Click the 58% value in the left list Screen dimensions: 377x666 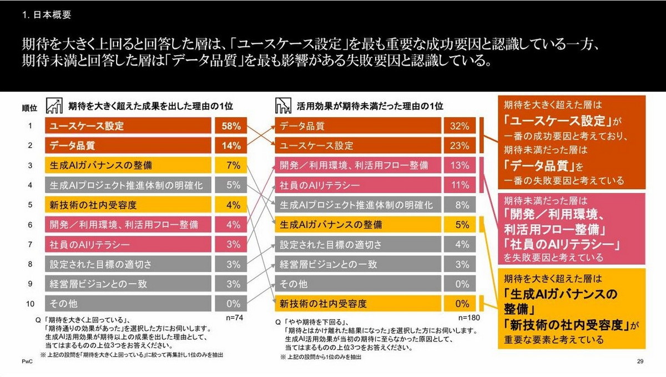tap(230, 126)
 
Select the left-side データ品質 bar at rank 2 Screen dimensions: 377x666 tap(128, 146)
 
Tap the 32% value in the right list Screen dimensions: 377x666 tap(460, 126)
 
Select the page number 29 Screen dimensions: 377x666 tap(640, 362)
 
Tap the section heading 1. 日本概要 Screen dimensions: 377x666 tap(47, 15)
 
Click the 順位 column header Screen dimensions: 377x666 tap(29, 107)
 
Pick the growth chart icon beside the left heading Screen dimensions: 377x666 tap(54, 105)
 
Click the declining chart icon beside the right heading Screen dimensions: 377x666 tap(284, 105)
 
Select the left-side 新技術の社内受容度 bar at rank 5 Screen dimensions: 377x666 tap(128, 205)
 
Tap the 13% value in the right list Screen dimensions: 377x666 tap(460, 165)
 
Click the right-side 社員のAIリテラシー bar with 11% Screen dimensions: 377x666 tap(359, 185)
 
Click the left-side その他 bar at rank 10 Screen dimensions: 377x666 tap(128, 304)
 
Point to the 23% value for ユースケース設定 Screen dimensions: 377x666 tap(460, 146)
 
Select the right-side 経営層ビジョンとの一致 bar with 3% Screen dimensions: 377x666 tap(359, 264)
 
